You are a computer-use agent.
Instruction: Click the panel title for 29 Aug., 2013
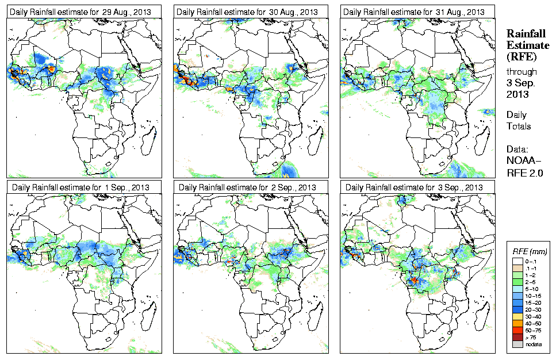[84, 12]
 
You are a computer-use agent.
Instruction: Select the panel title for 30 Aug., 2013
[247, 12]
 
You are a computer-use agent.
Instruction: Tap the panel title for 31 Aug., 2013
[413, 12]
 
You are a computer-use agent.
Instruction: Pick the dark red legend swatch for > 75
[517, 337]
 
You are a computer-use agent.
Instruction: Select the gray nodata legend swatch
[517, 344]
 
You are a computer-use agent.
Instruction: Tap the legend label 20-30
[533, 309]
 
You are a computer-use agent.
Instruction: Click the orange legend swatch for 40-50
[517, 323]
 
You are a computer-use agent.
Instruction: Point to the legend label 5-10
[532, 289]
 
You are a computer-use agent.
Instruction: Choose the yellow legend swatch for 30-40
[517, 316]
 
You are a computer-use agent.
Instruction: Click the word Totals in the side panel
[519, 126]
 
